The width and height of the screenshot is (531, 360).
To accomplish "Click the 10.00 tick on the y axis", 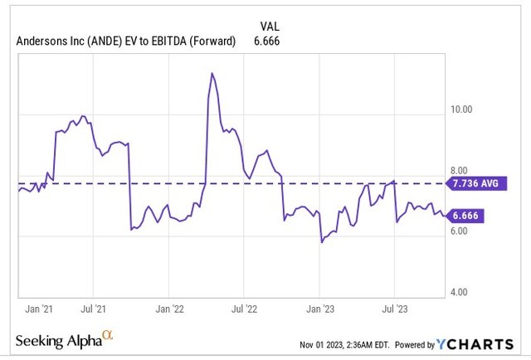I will [x=460, y=109].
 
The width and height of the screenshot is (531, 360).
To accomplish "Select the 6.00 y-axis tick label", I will [x=460, y=231].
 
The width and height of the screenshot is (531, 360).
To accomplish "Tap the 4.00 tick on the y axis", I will [x=460, y=292].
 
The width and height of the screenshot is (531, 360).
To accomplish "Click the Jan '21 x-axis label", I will [x=40, y=309].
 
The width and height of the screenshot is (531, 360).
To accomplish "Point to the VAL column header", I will [x=270, y=26].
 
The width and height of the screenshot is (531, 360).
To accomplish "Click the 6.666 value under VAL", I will [x=267, y=40].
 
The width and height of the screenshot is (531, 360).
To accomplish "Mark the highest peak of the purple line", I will [x=212, y=74].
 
